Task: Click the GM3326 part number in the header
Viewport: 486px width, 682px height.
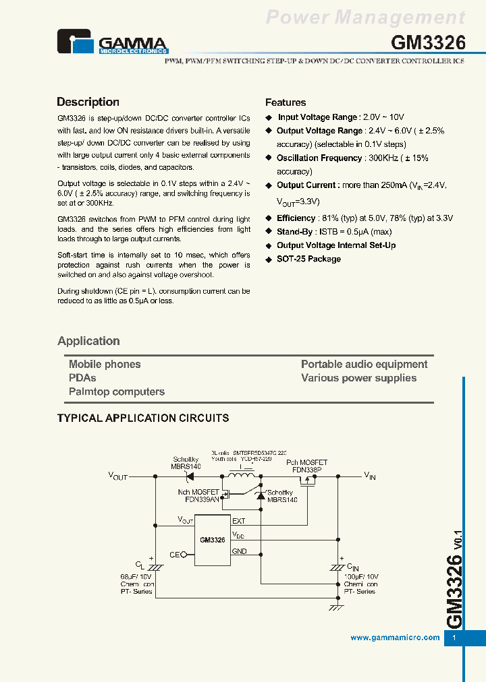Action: click(428, 42)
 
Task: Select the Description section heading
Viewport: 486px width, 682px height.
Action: click(88, 102)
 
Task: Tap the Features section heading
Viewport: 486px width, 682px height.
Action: click(286, 102)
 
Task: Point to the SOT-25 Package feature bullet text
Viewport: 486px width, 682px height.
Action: click(308, 259)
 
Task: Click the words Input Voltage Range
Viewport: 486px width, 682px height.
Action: click(317, 117)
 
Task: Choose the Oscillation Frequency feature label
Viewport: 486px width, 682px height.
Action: click(319, 158)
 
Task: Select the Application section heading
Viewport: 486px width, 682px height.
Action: click(88, 341)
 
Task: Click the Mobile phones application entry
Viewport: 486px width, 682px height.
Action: click(105, 364)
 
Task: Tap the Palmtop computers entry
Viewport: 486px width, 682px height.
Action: click(117, 392)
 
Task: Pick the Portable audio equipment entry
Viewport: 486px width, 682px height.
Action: click(364, 364)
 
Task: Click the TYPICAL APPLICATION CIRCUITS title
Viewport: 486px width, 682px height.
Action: click(143, 418)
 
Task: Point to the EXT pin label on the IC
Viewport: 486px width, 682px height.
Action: click(239, 521)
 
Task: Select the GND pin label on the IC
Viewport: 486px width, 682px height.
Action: click(240, 551)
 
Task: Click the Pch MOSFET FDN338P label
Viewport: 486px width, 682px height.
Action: click(306, 466)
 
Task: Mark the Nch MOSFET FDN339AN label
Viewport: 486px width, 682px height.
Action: click(198, 496)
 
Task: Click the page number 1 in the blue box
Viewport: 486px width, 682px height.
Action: click(454, 638)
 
